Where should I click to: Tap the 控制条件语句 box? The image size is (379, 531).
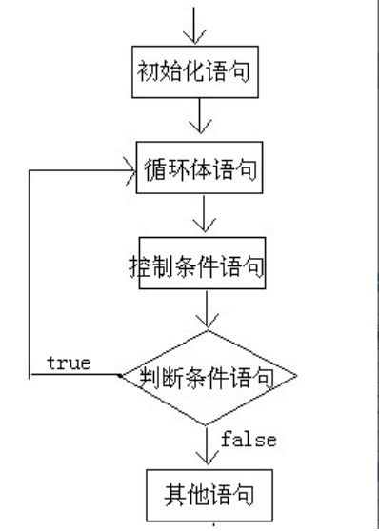197,267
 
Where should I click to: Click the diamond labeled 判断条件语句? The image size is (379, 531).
207,379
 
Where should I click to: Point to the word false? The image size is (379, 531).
249,439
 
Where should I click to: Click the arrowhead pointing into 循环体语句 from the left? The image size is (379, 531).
130,172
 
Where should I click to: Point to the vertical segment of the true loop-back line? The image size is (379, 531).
30,276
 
